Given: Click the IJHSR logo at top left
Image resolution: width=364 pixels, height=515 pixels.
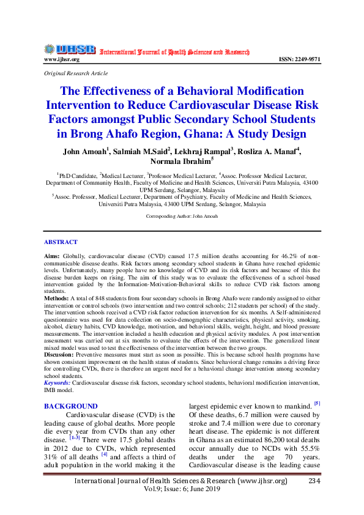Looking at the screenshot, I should [69, 49].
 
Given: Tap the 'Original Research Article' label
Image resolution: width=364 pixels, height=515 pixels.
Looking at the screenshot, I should [72, 73].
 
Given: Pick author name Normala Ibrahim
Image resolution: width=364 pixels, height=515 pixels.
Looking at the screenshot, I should [180, 162].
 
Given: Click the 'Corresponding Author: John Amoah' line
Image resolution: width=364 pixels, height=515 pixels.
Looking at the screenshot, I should [181, 217].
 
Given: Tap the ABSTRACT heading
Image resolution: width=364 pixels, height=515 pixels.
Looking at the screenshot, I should [61, 242].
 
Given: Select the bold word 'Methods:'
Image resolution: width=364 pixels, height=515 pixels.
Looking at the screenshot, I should [57, 297].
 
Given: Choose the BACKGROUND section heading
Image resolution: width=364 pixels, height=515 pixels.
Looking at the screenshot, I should [71, 406].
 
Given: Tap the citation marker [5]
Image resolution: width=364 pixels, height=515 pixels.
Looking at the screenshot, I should [316, 403].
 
